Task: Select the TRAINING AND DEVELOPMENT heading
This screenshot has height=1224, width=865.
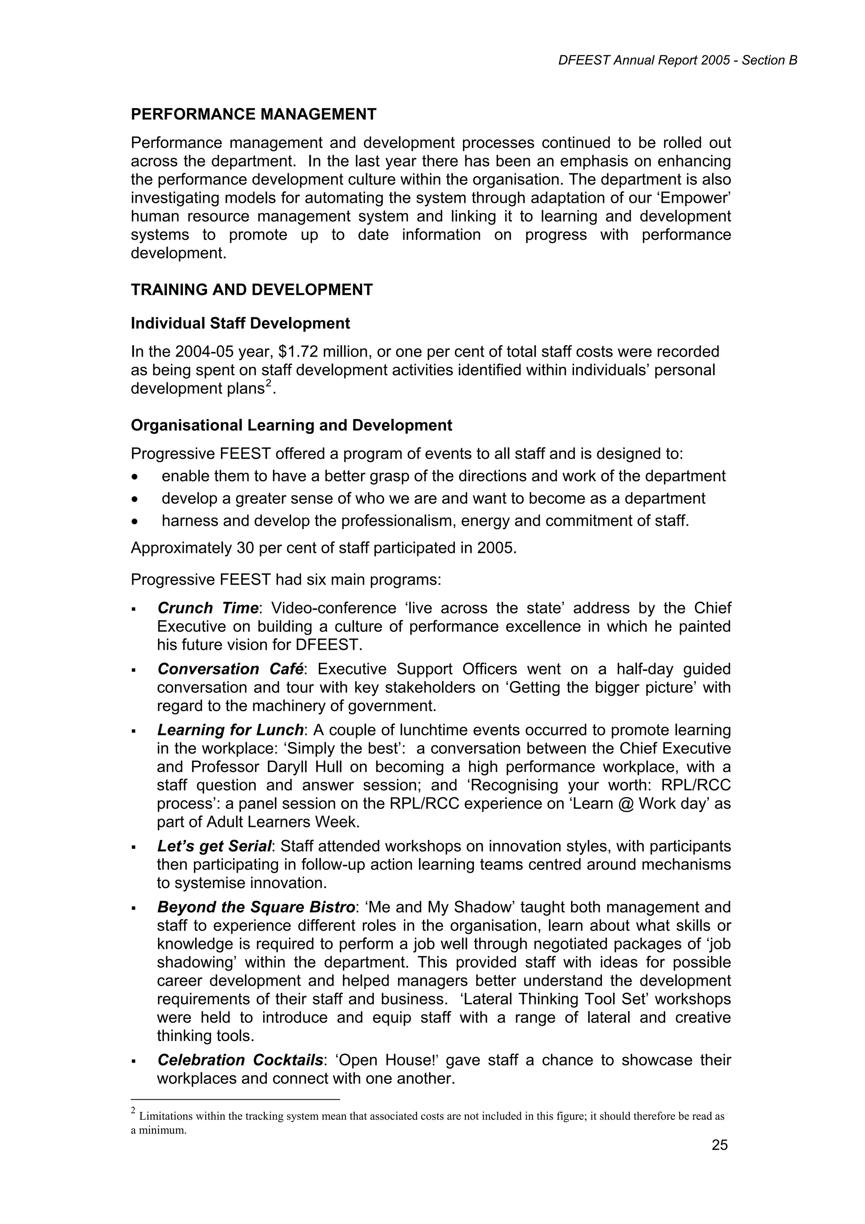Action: click(x=252, y=290)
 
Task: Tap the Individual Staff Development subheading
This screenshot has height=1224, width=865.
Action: click(x=240, y=324)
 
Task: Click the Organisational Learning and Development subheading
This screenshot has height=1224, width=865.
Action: click(x=291, y=425)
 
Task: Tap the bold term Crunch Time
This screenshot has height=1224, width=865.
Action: click(x=208, y=608)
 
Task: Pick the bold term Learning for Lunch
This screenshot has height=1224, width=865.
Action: click(x=230, y=730)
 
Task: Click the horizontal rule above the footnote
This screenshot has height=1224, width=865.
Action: click(x=235, y=1099)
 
